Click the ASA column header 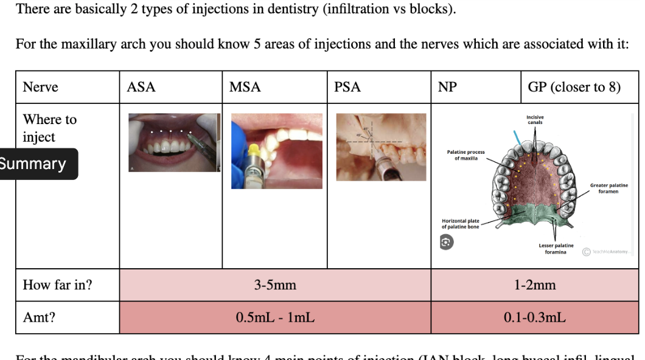[141, 87]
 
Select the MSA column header [245, 87]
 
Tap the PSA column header [347, 87]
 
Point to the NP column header [447, 87]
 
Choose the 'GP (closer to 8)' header [574, 87]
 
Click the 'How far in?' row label [58, 285]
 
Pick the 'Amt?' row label [39, 317]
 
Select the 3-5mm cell [275, 285]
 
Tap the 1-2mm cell [535, 285]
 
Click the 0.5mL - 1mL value [275, 317]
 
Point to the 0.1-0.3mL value [535, 317]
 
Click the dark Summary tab [34, 164]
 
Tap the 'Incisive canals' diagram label [535, 119]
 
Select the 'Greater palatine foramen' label [608, 188]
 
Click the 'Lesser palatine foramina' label [556, 248]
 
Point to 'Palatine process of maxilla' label [465, 154]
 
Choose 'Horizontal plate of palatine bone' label [461, 224]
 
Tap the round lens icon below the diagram [446, 241]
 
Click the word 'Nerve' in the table [40, 87]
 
